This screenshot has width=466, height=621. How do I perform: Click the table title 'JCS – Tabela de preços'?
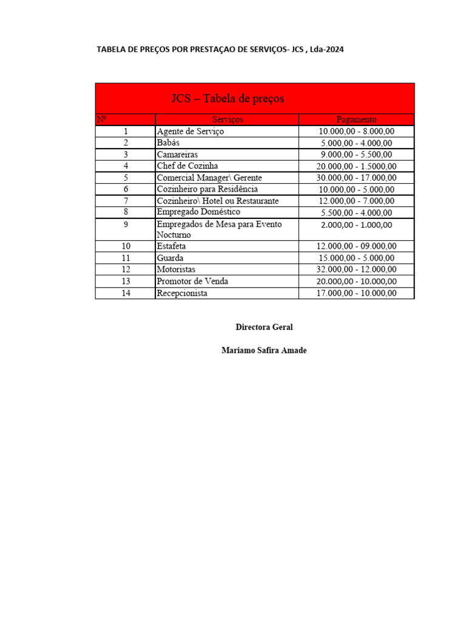[228, 98]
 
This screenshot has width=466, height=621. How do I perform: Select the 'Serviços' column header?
[228, 119]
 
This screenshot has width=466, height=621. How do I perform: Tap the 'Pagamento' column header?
[356, 119]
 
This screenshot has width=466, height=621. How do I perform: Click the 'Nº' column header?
[102, 119]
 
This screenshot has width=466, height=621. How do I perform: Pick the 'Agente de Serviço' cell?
[190, 131]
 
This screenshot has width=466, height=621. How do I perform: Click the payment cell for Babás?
[356, 143]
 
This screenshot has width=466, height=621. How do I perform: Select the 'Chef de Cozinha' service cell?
[187, 166]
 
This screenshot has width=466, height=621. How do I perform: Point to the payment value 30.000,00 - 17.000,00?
[356, 178]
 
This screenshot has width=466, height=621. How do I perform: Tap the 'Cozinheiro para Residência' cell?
[207, 189]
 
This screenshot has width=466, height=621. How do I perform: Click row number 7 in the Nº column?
[126, 201]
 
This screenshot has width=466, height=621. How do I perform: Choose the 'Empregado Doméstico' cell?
[198, 212]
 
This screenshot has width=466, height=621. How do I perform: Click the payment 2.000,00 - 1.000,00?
[356, 225]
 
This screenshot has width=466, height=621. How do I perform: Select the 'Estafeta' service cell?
[172, 246]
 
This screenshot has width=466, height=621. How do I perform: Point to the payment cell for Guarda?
[356, 258]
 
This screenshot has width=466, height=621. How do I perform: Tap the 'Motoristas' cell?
[176, 269]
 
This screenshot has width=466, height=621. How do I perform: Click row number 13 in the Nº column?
[126, 281]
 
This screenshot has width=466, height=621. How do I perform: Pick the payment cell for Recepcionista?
[356, 293]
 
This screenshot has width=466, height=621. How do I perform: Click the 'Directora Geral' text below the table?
[264, 327]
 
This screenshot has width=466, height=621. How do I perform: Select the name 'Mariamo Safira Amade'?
[264, 351]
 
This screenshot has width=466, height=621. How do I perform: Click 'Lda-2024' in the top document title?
[327, 49]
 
